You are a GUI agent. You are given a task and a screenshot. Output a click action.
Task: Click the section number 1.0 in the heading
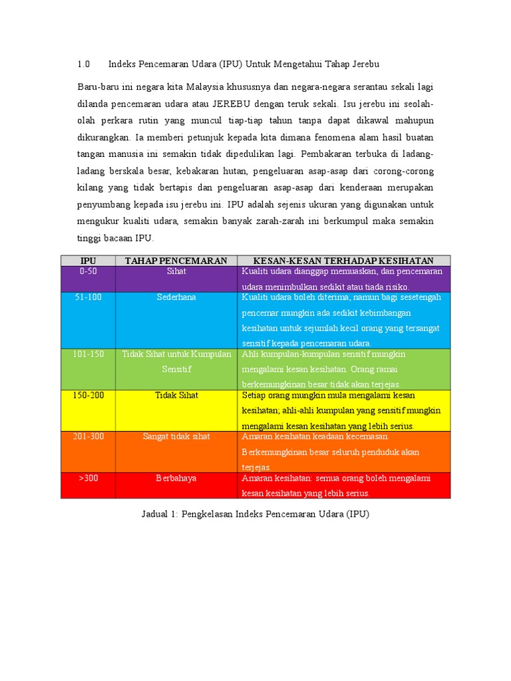point(83,65)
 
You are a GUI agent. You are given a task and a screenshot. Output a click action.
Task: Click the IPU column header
point(88,261)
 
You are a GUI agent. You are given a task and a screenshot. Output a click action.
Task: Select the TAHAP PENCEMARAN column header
point(176,261)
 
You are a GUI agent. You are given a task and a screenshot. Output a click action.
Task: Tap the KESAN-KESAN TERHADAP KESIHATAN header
point(343,261)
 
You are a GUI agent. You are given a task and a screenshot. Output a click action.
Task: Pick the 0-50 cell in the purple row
point(88,271)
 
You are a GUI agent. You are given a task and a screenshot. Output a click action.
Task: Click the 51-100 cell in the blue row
point(88,297)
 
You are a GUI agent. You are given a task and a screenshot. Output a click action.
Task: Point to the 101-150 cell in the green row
point(88,354)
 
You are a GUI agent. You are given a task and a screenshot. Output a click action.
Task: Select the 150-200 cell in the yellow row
point(88,395)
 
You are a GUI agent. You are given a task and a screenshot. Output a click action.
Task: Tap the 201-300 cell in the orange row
point(88,436)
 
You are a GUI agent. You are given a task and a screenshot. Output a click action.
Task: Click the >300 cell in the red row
point(88,477)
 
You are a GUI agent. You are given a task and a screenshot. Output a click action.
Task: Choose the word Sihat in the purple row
point(176,271)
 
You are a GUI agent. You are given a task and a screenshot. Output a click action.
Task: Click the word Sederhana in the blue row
point(176,297)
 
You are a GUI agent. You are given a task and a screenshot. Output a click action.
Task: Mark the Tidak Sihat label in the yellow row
point(176,395)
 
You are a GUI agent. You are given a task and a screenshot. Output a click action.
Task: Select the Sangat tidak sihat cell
point(176,436)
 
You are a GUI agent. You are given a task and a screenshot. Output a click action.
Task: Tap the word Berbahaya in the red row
point(176,477)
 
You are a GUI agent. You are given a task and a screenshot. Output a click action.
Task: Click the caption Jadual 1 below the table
point(255,514)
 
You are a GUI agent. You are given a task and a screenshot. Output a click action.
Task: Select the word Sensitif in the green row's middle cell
point(176,368)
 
